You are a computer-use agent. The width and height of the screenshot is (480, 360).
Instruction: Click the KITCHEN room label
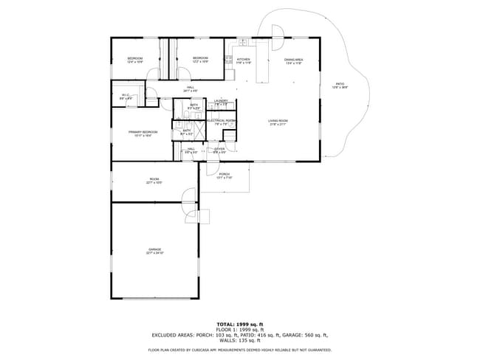(244, 59)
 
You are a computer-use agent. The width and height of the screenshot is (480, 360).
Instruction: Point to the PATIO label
(340, 86)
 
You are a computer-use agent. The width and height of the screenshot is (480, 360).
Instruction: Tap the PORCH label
(224, 175)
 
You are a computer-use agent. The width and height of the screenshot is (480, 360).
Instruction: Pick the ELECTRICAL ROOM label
(222, 120)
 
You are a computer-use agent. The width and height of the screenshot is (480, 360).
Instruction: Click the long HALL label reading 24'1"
(191, 88)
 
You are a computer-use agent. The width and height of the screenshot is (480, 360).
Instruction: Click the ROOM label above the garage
(154, 179)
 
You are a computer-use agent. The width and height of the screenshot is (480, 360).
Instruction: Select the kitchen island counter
(260, 70)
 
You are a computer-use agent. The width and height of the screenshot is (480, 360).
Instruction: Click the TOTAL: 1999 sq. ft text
(240, 324)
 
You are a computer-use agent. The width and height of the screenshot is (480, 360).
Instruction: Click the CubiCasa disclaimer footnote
(240, 350)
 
